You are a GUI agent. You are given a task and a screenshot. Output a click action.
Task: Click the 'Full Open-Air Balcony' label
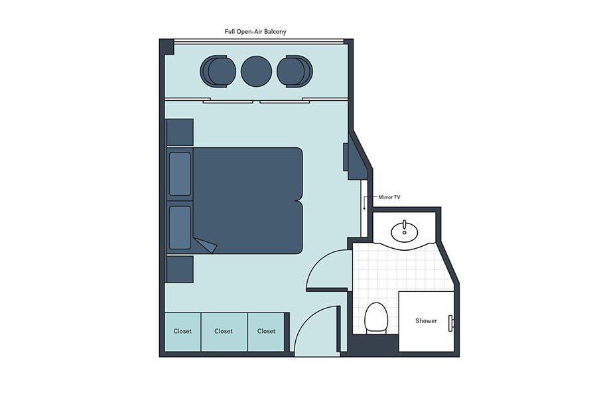(x=255, y=32)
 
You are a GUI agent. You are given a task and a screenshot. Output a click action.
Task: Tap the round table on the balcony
(x=256, y=71)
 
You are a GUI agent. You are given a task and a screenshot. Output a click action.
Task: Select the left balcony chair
(x=218, y=71)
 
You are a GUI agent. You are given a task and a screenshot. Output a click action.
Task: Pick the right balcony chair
(x=295, y=71)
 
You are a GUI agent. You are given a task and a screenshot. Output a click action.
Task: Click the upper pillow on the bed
(x=180, y=174)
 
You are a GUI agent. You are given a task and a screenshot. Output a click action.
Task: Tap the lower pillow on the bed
(x=180, y=228)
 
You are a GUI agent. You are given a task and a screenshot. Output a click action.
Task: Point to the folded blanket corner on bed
(x=206, y=245)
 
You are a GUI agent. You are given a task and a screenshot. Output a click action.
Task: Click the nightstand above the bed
(x=180, y=132)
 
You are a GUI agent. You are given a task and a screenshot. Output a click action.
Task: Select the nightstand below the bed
(x=180, y=269)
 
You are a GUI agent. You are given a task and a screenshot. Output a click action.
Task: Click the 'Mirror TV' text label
(x=389, y=197)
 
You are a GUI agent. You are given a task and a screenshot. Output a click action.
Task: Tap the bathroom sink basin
(x=405, y=232)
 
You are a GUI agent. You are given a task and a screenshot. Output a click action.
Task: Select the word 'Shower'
(x=426, y=320)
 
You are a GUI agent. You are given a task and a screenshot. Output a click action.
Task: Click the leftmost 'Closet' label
(x=182, y=332)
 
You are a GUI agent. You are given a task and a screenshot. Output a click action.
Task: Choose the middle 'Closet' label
(x=224, y=332)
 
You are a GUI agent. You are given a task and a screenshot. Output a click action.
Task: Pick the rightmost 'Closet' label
(x=266, y=332)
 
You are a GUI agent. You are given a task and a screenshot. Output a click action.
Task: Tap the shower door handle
(x=450, y=324)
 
